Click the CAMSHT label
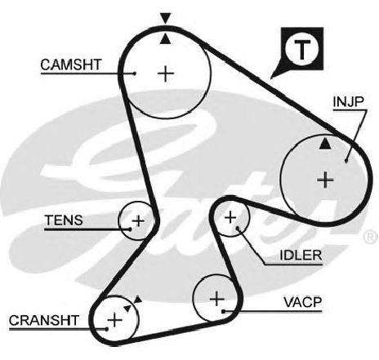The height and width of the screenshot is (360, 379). pyautogui.click(x=71, y=64)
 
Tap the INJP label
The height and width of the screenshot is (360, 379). pyautogui.click(x=348, y=101)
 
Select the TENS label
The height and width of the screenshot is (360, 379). pyautogui.click(x=64, y=220)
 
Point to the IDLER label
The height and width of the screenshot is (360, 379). pyautogui.click(x=301, y=255)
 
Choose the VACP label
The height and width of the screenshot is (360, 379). pyautogui.click(x=303, y=302)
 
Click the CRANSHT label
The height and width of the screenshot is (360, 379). pyautogui.click(x=44, y=320)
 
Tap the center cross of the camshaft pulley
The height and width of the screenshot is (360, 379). pyautogui.click(x=166, y=73)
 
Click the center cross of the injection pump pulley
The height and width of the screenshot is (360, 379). pyautogui.click(x=325, y=180)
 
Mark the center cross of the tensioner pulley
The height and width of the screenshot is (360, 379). pyautogui.click(x=138, y=220)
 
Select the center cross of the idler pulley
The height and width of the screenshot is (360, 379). pyautogui.click(x=231, y=217)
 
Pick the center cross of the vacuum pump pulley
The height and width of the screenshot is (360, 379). pyautogui.click(x=217, y=299)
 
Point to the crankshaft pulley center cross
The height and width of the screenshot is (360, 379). pyautogui.click(x=115, y=320)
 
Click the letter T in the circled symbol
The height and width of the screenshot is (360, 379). pyautogui.click(x=302, y=49)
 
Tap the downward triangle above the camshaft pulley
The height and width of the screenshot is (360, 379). pyautogui.click(x=166, y=18)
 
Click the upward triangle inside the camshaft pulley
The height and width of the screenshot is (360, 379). pyautogui.click(x=165, y=39)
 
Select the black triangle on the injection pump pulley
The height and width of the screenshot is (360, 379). pyautogui.click(x=325, y=144)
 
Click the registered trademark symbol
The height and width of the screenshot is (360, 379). pyautogui.click(x=371, y=237)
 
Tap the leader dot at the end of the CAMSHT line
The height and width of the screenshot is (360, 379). pyautogui.click(x=135, y=73)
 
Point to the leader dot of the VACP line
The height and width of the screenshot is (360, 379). pyautogui.click(x=223, y=311)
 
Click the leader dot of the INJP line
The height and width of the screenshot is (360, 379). pyautogui.click(x=346, y=161)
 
